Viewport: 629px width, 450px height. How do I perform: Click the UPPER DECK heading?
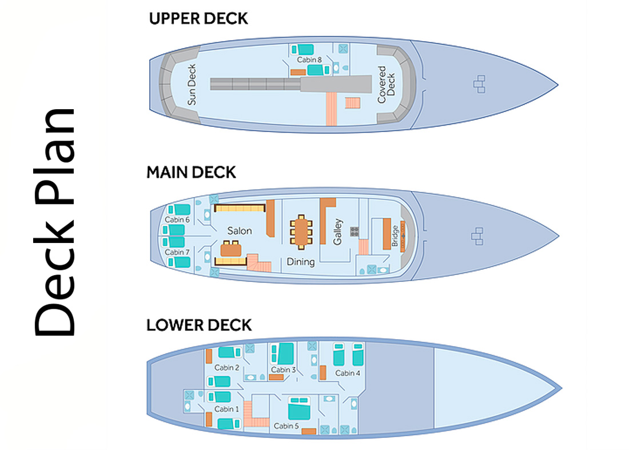tap(198, 18)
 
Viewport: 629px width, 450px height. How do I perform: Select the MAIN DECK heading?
tap(191, 172)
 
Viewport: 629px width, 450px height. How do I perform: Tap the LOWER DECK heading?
tap(199, 325)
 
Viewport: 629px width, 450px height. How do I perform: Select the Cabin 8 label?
tap(309, 59)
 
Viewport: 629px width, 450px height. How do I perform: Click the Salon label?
tap(240, 230)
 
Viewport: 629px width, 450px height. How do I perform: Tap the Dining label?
tap(301, 262)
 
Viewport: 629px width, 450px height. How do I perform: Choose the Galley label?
tap(339, 231)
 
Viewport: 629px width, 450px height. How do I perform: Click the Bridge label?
tap(395, 236)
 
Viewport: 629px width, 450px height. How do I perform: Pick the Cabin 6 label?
tap(177, 220)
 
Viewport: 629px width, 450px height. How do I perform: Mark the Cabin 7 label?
tap(177, 252)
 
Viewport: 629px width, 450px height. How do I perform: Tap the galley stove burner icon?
tap(355, 231)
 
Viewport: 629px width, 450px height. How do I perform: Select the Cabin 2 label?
tap(226, 367)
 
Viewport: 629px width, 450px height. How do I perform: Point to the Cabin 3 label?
tap(285, 370)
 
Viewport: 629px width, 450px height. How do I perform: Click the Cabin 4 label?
tap(348, 373)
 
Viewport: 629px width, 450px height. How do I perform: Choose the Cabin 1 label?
tap(224, 409)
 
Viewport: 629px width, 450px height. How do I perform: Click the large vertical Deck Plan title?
tap(54, 223)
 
